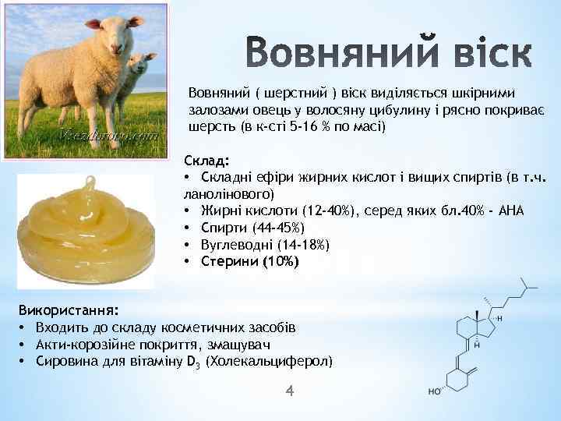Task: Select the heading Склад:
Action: coord(206,161)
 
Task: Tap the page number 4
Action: coord(290,390)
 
